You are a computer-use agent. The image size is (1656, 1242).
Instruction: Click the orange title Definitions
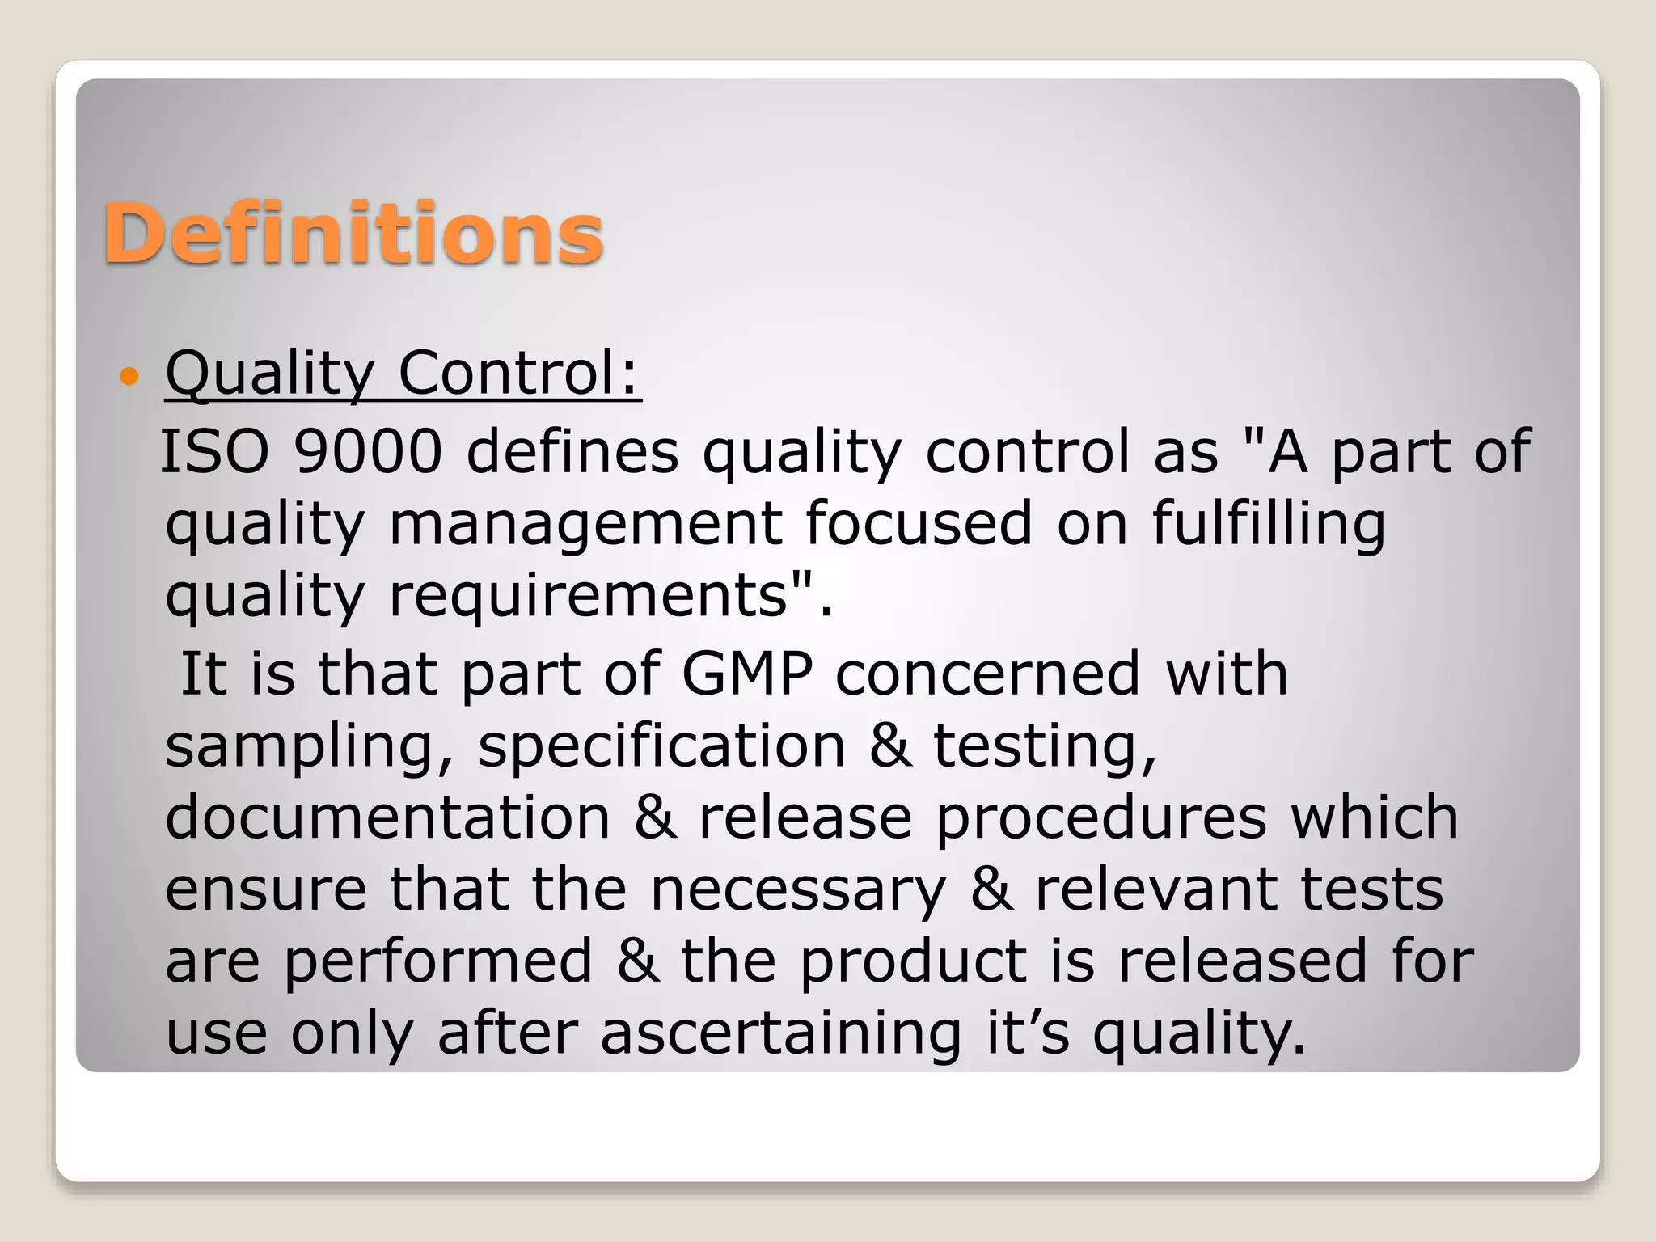(x=353, y=234)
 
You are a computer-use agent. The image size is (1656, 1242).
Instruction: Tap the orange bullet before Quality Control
(x=129, y=376)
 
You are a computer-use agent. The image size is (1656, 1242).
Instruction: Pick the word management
(x=585, y=524)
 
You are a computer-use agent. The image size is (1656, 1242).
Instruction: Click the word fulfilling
(x=1269, y=524)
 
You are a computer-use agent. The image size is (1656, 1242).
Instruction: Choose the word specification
(x=661, y=746)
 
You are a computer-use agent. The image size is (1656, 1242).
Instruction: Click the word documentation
(x=387, y=817)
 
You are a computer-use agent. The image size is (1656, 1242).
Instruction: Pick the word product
(x=913, y=961)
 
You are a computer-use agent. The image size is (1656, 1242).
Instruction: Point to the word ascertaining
(x=781, y=1033)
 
